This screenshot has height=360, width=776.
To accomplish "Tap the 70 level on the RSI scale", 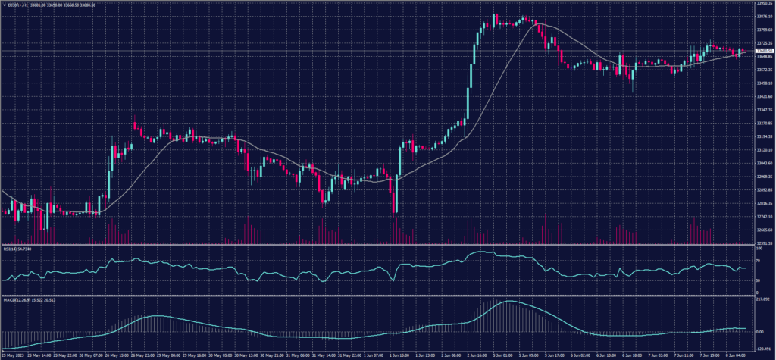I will (759, 260).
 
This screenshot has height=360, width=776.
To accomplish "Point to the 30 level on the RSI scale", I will (759, 280).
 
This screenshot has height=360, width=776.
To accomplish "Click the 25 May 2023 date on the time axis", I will (13, 354).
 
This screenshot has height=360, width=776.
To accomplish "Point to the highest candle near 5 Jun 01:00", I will (495, 15).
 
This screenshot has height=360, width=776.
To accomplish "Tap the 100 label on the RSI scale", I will (759, 248).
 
